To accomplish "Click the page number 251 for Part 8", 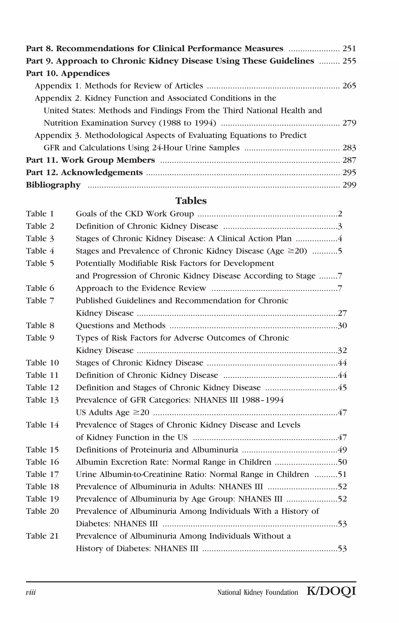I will [349, 49].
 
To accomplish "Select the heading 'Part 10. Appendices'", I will [68, 73].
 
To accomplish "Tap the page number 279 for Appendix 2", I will [349, 123].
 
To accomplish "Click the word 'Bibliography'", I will [53, 185].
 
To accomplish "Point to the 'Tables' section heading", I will [191, 201].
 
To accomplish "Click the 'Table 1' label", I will [40, 214].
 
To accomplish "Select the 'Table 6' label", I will [40, 288].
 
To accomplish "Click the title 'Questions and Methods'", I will [120, 326].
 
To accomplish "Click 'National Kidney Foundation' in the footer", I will [258, 592].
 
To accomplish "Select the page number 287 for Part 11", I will [349, 160].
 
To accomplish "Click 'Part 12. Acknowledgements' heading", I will [84, 173].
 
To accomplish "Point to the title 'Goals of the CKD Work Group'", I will [135, 214].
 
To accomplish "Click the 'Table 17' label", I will [42, 474].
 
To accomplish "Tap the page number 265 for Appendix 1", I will [349, 86].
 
